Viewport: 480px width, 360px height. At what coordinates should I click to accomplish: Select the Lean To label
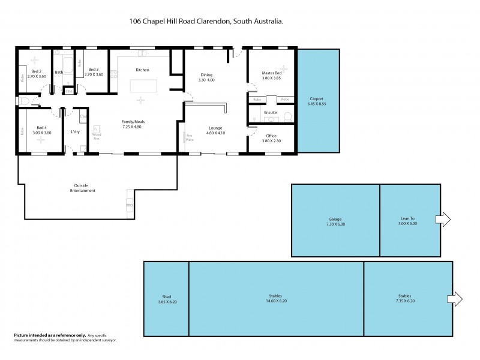408,218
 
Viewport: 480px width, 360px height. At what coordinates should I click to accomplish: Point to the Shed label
166,295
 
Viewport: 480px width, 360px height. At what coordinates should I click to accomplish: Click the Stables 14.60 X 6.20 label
276,298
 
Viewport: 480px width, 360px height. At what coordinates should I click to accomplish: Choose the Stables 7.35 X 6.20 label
406,298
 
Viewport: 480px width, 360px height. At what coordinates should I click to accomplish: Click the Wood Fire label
96,136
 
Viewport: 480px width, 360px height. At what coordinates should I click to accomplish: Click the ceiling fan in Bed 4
41,139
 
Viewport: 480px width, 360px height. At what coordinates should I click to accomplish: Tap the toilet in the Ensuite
287,116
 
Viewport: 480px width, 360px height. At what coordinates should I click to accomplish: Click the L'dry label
76,131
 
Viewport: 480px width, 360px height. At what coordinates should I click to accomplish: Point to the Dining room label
207,75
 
